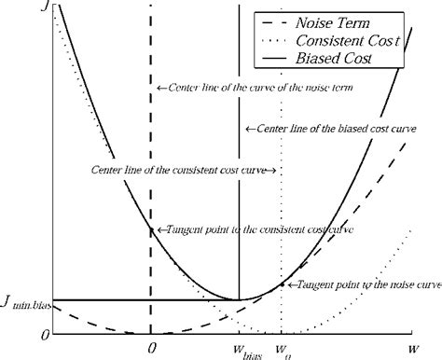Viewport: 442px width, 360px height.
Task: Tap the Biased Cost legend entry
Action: tap(338, 59)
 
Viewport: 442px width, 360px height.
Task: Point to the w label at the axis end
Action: tap(411, 347)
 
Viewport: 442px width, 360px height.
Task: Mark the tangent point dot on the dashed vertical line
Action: tap(150, 228)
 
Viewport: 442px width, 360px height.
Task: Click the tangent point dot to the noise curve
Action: tap(282, 284)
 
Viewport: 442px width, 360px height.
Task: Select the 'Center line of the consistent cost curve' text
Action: tap(183, 171)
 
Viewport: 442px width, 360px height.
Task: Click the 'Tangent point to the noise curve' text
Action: tap(364, 284)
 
